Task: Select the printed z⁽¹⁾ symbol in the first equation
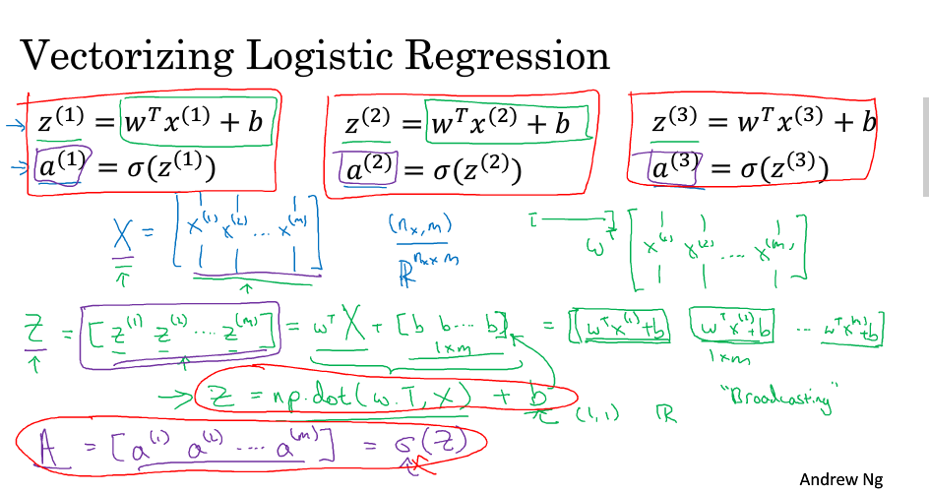[x=58, y=125]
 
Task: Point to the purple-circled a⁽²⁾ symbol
[x=364, y=170]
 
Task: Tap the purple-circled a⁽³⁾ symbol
[x=673, y=167]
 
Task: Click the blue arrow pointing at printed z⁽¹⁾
[x=14, y=125]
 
